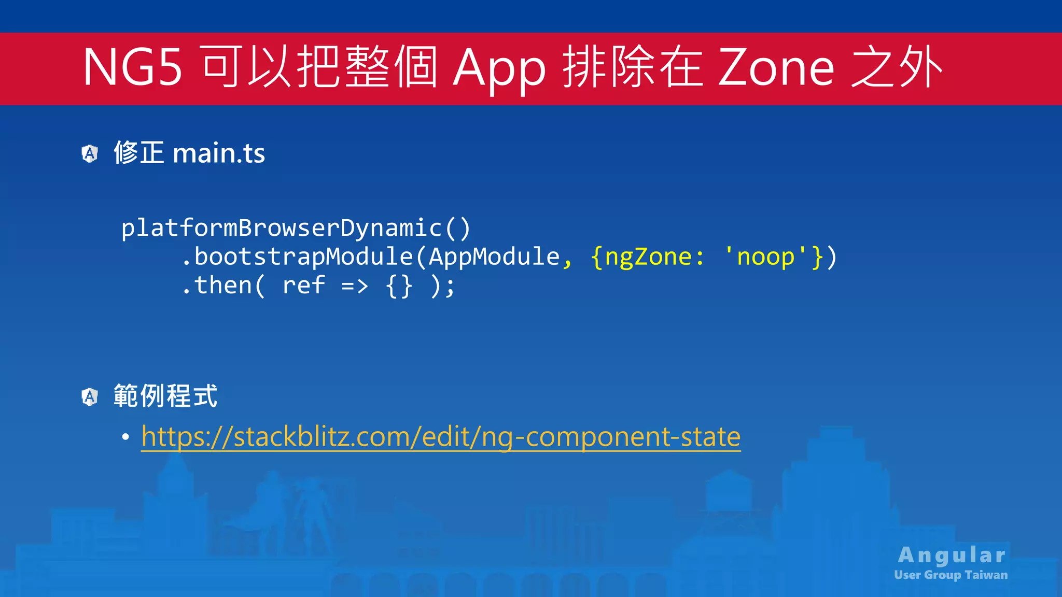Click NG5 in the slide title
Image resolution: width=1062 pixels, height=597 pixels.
[x=133, y=67]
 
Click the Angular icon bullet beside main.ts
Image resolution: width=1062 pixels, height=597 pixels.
[x=90, y=153]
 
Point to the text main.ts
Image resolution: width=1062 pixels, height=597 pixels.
[x=218, y=153]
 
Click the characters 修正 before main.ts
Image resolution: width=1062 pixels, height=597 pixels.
[x=138, y=153]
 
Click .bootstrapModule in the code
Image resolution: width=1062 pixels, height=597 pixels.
[x=297, y=257]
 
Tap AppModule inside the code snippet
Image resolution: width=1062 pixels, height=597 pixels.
[x=494, y=257]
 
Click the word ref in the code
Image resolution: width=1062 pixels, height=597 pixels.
[x=303, y=285]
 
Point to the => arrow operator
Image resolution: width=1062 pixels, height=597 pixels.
[x=355, y=286]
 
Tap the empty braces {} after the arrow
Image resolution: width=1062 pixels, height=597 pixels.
[x=399, y=286]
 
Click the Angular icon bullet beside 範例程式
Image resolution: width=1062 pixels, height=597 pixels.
[x=90, y=397]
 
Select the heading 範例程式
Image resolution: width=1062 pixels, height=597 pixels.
[x=165, y=396]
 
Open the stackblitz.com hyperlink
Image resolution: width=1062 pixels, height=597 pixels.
[x=441, y=436]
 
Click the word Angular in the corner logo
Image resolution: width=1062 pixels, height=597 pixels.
[x=952, y=555]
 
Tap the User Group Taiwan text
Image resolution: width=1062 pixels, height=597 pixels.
[x=951, y=575]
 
